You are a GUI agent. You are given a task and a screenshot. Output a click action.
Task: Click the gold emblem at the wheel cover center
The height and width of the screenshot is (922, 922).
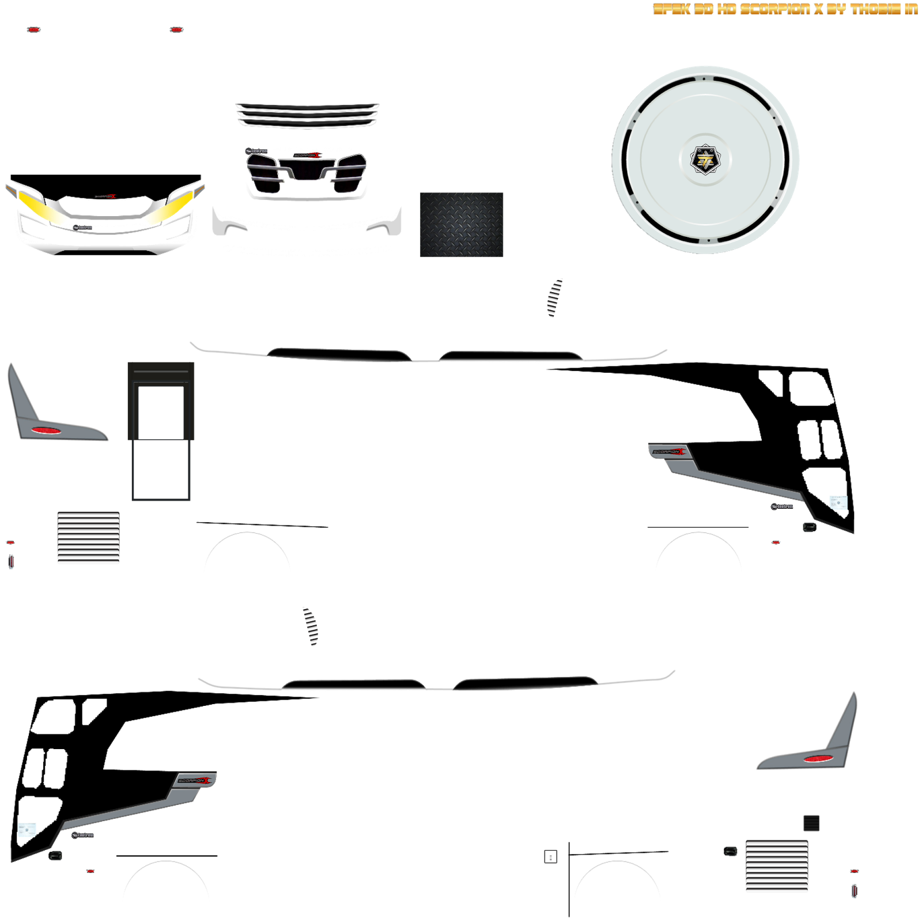(705, 160)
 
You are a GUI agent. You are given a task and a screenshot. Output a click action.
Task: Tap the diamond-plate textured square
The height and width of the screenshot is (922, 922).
(461, 225)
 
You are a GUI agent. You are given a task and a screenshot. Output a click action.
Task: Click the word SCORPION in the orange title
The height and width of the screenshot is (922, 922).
(774, 9)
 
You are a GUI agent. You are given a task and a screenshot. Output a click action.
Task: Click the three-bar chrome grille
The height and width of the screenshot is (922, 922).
(307, 115)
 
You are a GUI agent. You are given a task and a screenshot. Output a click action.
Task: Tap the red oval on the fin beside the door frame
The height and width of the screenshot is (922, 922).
(47, 430)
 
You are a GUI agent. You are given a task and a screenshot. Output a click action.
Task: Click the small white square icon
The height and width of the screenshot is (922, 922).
(550, 857)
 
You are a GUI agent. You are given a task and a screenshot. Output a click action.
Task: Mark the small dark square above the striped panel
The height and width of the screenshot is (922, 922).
(811, 823)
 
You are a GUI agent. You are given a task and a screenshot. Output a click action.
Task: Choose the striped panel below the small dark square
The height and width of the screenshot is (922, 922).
(777, 866)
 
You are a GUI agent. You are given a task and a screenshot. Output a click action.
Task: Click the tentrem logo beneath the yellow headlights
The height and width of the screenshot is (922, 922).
(83, 228)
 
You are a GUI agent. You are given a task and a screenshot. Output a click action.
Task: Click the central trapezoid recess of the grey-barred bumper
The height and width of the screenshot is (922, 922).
(307, 171)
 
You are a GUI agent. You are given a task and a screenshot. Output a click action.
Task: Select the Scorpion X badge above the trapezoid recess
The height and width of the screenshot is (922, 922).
(307, 155)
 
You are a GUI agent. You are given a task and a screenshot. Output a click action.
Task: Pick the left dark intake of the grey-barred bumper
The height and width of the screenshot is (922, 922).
(264, 175)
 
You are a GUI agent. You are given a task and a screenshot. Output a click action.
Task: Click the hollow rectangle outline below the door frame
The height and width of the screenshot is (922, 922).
(161, 470)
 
